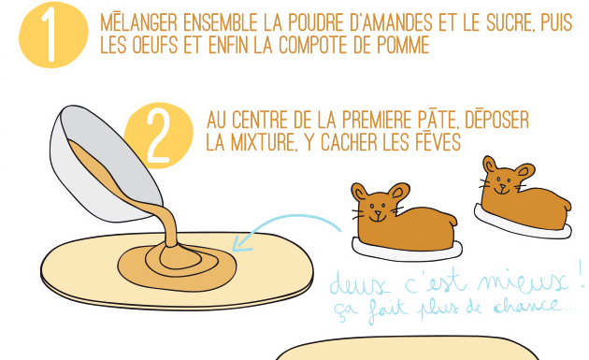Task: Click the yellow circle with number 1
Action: pos(53,35)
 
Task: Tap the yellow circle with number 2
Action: pos(159,136)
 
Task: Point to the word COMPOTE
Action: pos(313,45)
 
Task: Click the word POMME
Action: pos(403,45)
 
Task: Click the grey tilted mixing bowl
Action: pos(106,164)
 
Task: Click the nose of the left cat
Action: pos(378,214)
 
